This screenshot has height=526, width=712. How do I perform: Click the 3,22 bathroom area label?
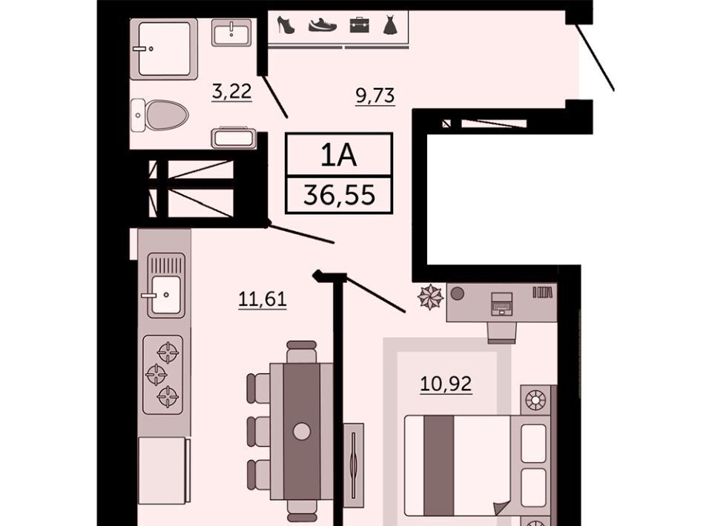pyautogui.click(x=231, y=91)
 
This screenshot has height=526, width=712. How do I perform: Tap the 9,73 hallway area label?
pyautogui.click(x=375, y=96)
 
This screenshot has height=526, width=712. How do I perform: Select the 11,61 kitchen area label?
pyautogui.click(x=263, y=299)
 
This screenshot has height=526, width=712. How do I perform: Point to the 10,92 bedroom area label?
pyautogui.click(x=446, y=384)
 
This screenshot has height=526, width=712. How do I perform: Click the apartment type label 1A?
pyautogui.click(x=339, y=155)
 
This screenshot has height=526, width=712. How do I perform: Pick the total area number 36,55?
pyautogui.click(x=339, y=196)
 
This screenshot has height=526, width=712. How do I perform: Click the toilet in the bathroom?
pyautogui.click(x=160, y=115)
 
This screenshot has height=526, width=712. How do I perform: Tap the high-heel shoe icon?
pyautogui.click(x=286, y=24)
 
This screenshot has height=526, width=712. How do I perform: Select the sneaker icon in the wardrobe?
pyautogui.click(x=323, y=25)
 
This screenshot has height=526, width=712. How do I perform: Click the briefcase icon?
pyautogui.click(x=359, y=25)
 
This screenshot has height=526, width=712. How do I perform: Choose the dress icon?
pyautogui.click(x=390, y=25)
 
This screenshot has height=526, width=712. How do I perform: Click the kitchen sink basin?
pyautogui.click(x=165, y=295)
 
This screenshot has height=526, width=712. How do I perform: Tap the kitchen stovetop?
pyautogui.click(x=163, y=375)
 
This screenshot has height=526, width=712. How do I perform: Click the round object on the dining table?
pyautogui.click(x=302, y=430)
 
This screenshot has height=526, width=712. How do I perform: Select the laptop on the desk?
pyautogui.click(x=502, y=303)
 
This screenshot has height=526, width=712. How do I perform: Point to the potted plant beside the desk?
pyautogui.click(x=430, y=297)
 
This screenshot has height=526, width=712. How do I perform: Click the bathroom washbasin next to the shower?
pyautogui.click(x=231, y=32)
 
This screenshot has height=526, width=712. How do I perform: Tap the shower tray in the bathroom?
pyautogui.click(x=164, y=49)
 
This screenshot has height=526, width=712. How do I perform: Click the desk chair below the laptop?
pyautogui.click(x=502, y=333)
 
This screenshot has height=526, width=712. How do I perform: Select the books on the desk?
pyautogui.click(x=543, y=293)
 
